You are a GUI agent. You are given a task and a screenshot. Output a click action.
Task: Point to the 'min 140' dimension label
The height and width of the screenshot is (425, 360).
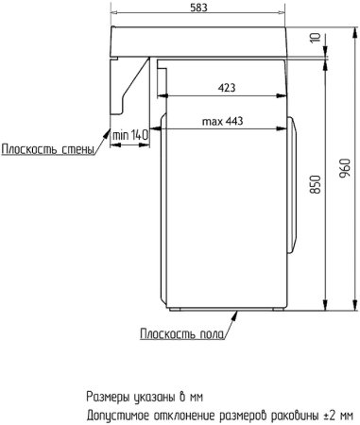pos(131,138)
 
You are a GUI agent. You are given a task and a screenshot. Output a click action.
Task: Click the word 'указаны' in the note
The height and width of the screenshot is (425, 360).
pos(156,397)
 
